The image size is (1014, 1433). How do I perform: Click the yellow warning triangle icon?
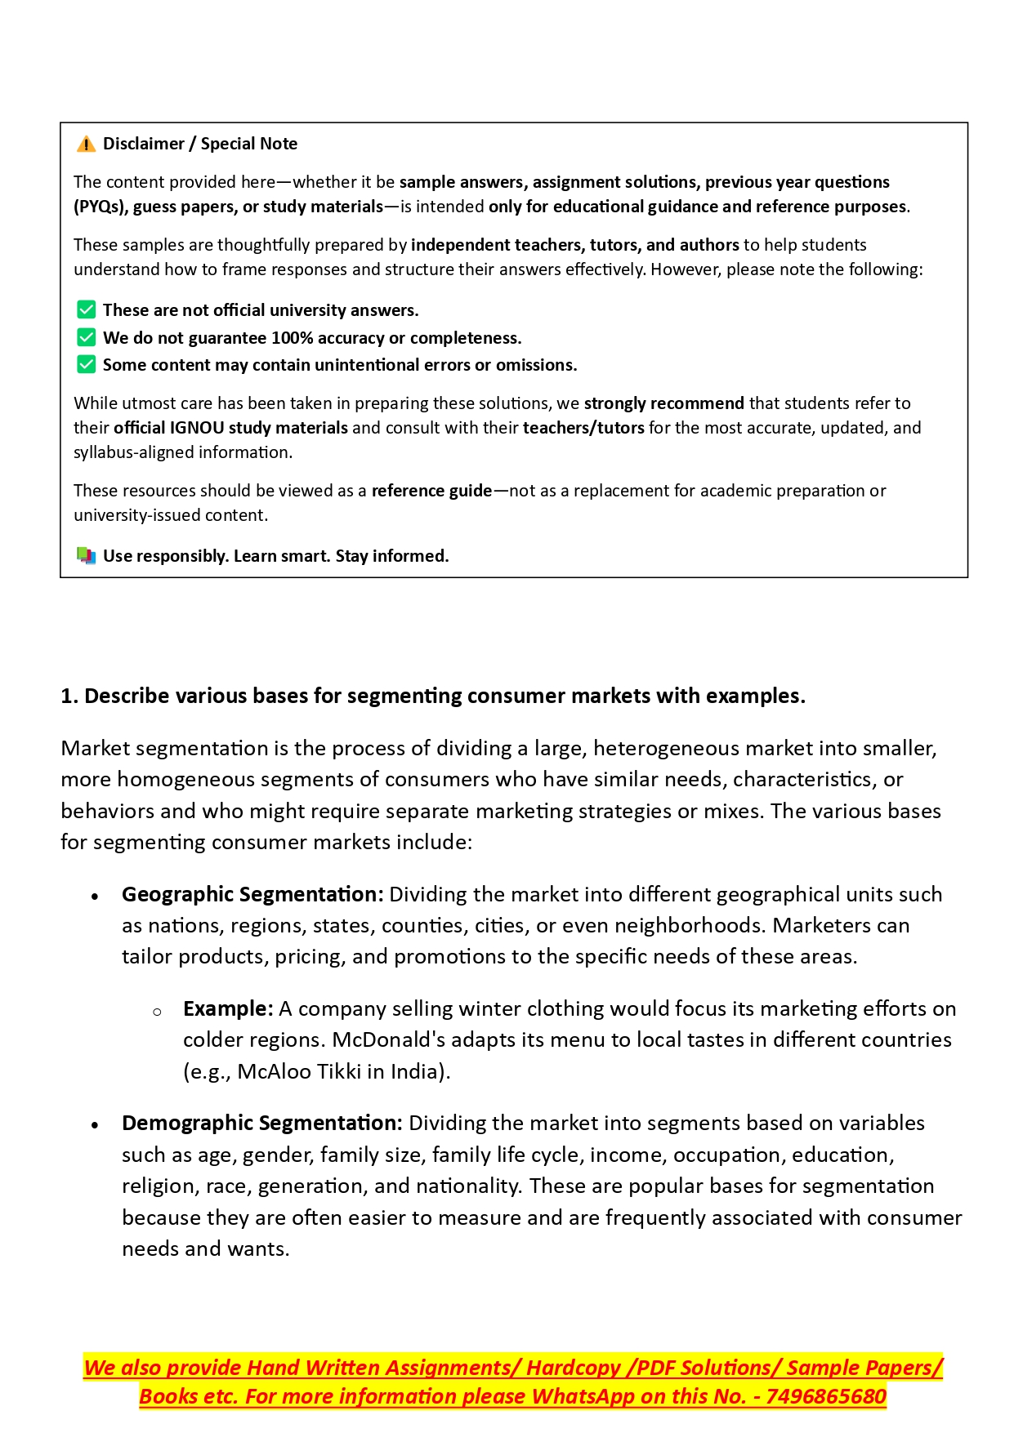86,145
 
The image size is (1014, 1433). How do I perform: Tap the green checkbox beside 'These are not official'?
86,310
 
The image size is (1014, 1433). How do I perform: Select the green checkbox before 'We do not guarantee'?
86,338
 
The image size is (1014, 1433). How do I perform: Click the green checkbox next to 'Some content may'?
86,365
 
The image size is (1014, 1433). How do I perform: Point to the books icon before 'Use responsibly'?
86,556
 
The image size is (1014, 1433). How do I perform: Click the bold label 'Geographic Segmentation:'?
252,895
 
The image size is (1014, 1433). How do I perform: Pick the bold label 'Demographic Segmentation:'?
261,1124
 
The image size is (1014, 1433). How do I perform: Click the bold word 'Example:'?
228,1009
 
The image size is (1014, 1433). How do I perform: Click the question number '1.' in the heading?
69,696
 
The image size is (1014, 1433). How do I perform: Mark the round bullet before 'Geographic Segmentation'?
96,897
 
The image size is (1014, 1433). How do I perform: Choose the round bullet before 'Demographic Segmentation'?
96,1125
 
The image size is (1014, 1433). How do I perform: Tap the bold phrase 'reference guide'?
431,491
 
